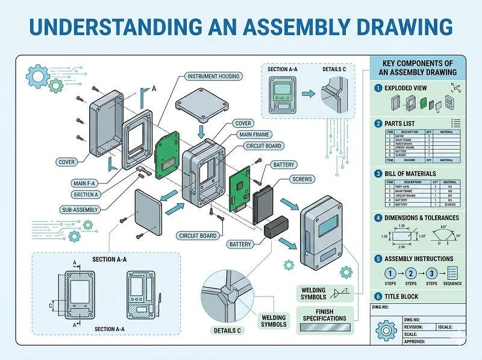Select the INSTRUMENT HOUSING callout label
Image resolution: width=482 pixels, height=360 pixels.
pos(213,77)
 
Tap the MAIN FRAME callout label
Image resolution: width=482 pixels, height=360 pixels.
pos(254,134)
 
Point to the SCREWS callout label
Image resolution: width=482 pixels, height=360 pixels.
pos(302,179)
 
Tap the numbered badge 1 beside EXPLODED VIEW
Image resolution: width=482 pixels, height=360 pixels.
pos(378,88)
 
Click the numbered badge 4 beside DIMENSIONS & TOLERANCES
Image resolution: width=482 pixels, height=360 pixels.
pos(378,218)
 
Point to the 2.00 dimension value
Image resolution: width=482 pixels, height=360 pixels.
pos(401,247)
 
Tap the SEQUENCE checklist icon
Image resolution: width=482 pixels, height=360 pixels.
pos(453,272)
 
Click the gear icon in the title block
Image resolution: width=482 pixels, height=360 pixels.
pos(385,331)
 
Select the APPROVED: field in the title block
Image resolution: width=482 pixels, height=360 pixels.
pos(416,341)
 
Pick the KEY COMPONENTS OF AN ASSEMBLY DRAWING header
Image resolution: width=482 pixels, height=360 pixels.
pos(418,68)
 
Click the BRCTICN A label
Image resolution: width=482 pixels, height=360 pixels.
pos(87,194)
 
